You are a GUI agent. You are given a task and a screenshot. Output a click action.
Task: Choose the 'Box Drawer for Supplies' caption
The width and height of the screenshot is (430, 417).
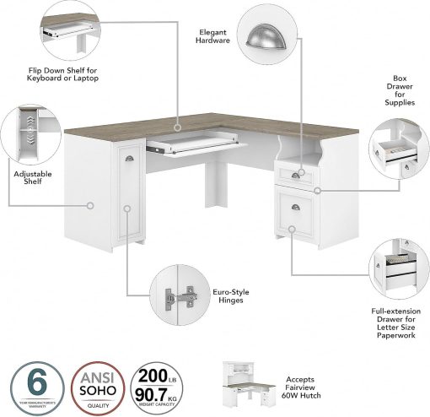399,89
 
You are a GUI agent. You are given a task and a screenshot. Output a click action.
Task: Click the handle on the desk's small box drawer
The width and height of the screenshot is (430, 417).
295,174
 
